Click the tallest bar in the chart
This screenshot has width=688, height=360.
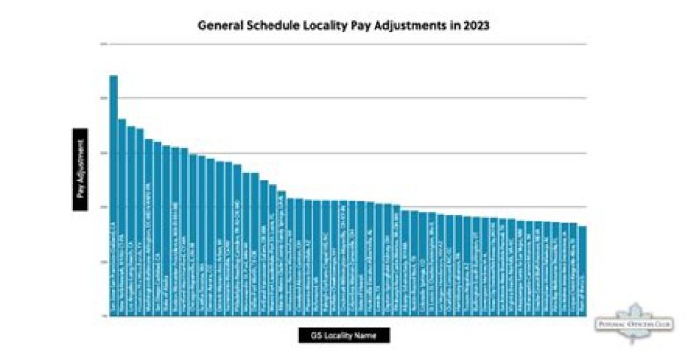113,191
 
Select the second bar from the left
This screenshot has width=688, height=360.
122,215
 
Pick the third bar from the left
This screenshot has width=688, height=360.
131,220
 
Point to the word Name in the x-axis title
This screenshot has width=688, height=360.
368,335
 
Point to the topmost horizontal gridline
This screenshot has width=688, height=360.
344,43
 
